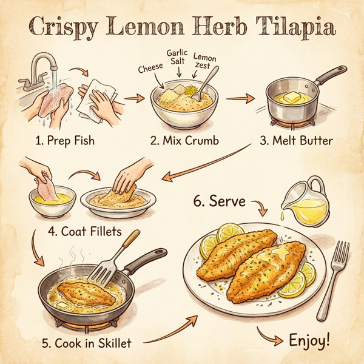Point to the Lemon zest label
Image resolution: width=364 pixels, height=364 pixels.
(x=204, y=61)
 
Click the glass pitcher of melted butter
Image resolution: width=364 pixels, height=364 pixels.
(x=306, y=203)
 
